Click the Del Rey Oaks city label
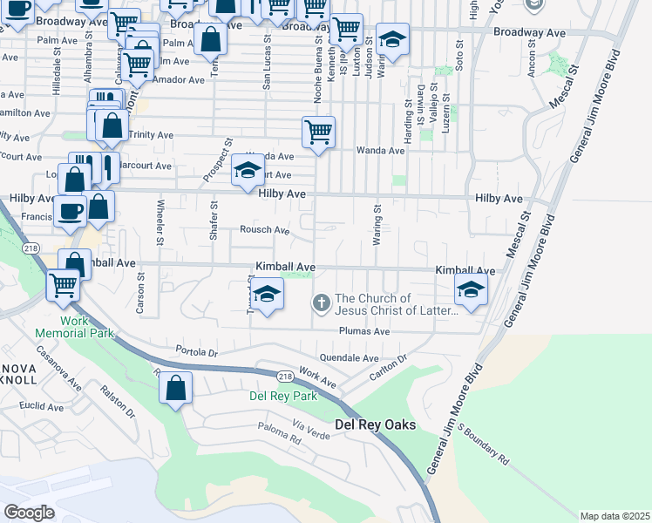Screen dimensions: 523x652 (x=375, y=425)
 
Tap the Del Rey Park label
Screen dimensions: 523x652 (x=283, y=396)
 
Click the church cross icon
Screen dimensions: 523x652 (x=321, y=303)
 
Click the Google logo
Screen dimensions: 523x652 (x=29, y=513)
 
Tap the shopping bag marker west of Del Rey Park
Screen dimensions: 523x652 (x=176, y=388)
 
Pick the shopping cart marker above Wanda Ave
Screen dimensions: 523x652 (x=318, y=132)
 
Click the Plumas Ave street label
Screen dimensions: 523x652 (x=364, y=331)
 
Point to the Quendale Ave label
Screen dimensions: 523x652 (x=350, y=357)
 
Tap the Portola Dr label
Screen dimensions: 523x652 (x=194, y=351)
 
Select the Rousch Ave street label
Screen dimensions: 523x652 (x=265, y=230)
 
